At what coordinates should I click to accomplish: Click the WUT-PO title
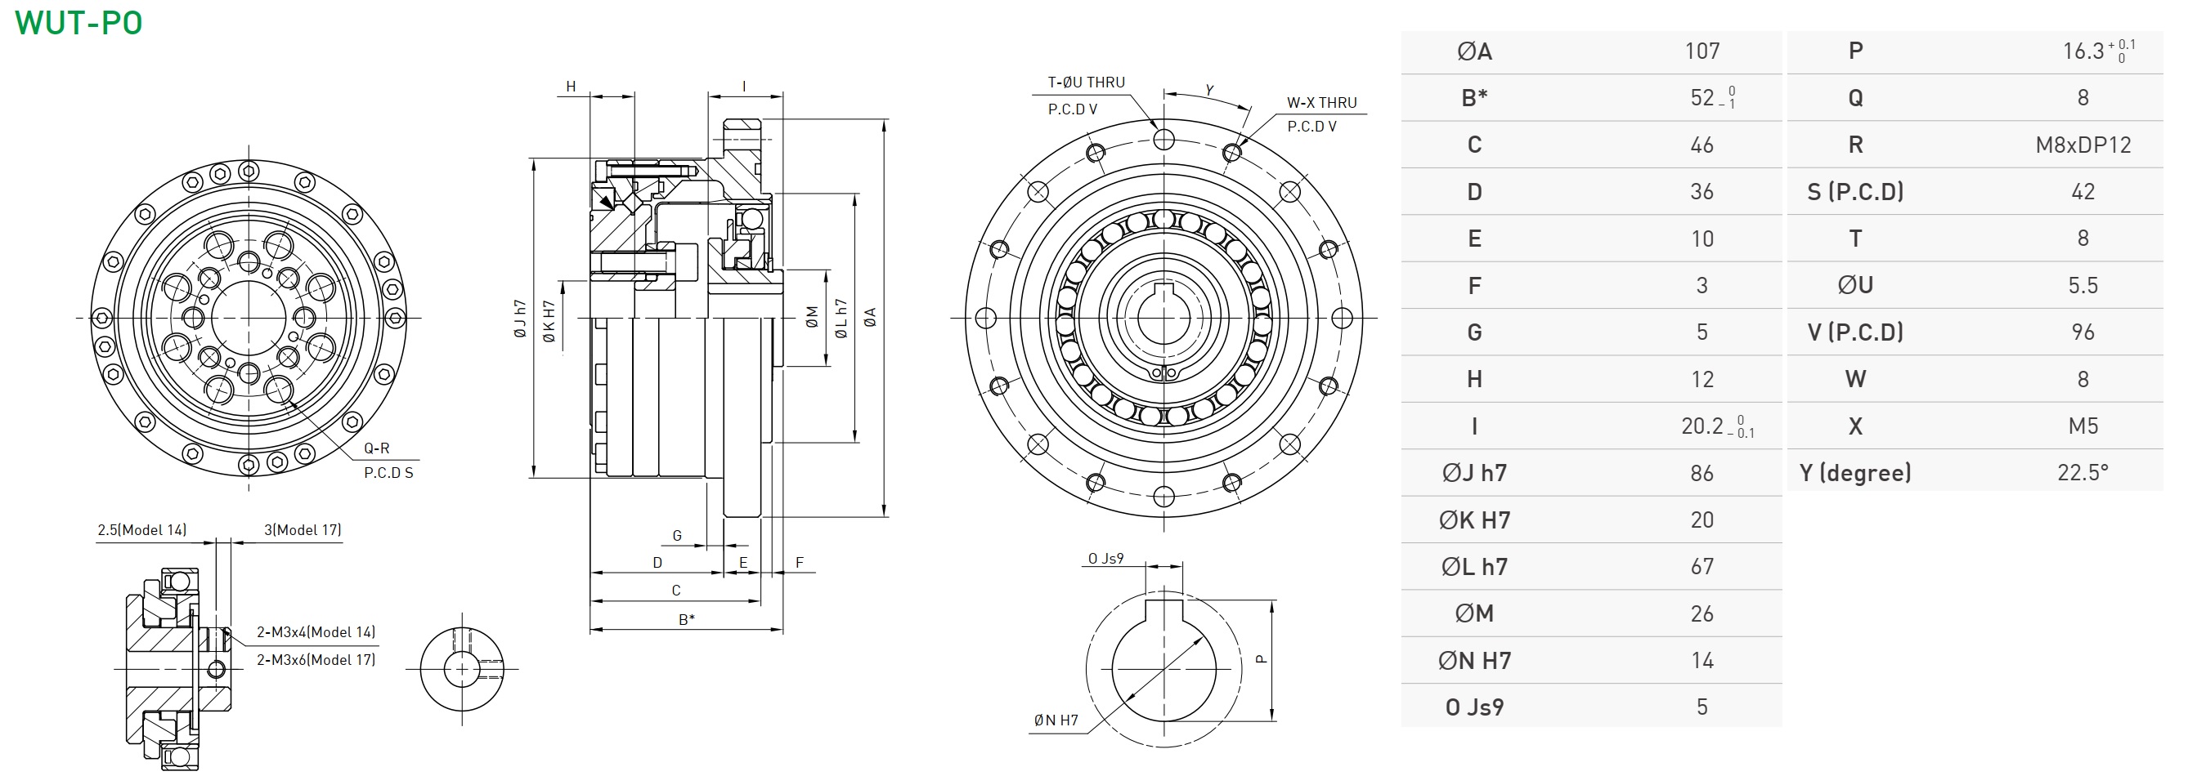79,23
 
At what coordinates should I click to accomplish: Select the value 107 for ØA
1702,51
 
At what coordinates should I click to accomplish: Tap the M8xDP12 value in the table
2083,145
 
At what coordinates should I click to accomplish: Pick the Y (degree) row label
1855,473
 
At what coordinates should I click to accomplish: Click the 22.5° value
2083,473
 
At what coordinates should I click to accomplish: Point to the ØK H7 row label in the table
1474,520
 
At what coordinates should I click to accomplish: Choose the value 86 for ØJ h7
1702,474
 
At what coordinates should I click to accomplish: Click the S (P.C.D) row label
1855,192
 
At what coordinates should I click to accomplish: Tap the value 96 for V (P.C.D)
2083,332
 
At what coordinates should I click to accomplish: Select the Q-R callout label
376,448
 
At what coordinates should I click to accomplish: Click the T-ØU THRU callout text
1086,83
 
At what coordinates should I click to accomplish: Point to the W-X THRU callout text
1321,103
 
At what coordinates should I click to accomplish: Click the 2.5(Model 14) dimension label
141,530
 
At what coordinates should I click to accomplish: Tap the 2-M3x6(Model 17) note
316,660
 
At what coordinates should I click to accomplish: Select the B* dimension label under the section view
686,619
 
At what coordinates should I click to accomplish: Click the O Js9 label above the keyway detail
1105,559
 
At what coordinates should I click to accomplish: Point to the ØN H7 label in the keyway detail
1056,720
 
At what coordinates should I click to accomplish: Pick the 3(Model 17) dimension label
303,530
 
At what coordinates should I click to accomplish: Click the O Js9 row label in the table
1474,707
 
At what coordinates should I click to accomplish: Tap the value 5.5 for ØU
2083,285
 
